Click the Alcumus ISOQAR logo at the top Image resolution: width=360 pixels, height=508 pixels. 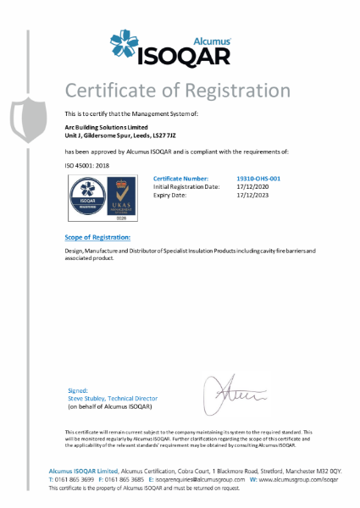(x=180, y=47)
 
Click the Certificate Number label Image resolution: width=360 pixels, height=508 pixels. (x=180, y=179)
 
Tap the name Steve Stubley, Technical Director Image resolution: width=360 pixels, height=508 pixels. (x=113, y=398)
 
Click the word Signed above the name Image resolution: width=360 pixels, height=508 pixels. (x=77, y=390)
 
